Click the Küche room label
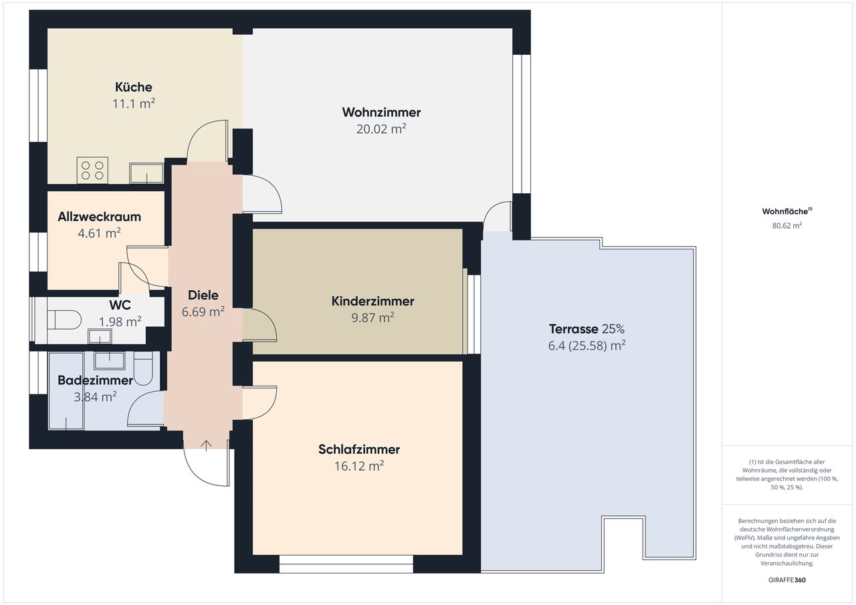133,87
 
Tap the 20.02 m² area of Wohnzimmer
381,129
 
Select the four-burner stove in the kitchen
92,169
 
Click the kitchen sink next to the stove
146,173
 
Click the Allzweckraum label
99,217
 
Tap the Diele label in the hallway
203,295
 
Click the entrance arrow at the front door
206,445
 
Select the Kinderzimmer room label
372,301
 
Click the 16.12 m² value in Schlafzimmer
358,466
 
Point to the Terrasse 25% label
586,329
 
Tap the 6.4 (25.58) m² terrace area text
586,346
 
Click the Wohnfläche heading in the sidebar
786,211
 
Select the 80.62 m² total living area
786,226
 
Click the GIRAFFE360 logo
786,580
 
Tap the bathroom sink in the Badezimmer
108,360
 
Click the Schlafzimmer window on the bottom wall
346,564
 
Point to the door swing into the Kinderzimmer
261,325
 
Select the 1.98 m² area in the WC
120,322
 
